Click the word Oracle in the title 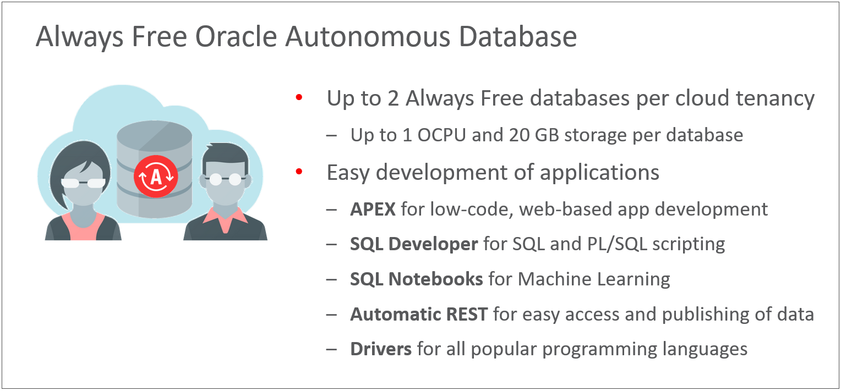click(x=236, y=37)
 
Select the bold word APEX click(x=373, y=210)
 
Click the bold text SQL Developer click(x=414, y=245)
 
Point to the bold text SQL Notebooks click(x=416, y=279)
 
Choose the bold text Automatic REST click(x=419, y=315)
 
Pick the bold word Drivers click(x=381, y=349)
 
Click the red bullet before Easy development click(x=299, y=172)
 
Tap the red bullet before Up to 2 click(x=299, y=97)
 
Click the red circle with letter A click(x=156, y=177)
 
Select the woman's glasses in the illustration click(x=83, y=183)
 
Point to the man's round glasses click(x=225, y=179)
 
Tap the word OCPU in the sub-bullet click(x=441, y=135)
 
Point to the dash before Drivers click(x=331, y=349)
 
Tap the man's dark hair click(x=225, y=156)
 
